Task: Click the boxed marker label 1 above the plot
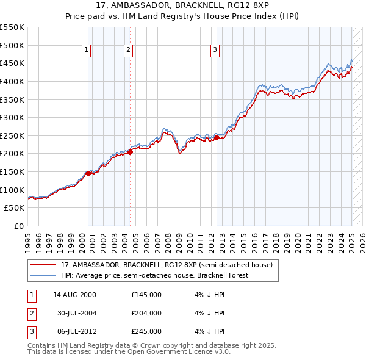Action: (x=87, y=51)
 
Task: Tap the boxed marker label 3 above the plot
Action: (x=215, y=51)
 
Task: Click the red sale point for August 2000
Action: (x=88, y=174)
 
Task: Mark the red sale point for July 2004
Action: (x=130, y=153)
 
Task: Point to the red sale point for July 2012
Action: (x=217, y=138)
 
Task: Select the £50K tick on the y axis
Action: (x=15, y=208)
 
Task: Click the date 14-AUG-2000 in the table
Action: (x=74, y=295)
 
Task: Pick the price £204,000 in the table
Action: (x=146, y=313)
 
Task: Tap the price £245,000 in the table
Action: (x=146, y=331)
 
